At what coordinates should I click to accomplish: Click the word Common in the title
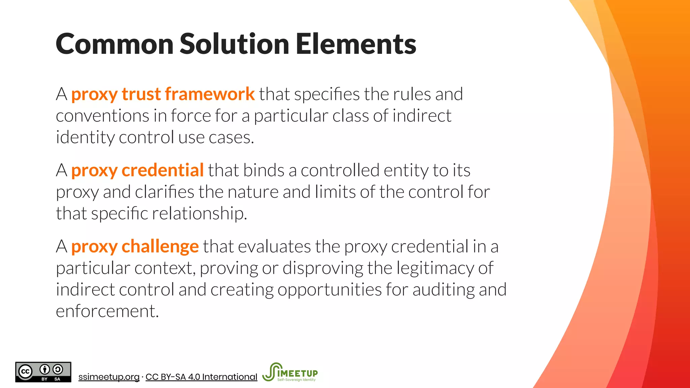pyautogui.click(x=114, y=44)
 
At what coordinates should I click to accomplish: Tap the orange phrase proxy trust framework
pyautogui.click(x=163, y=94)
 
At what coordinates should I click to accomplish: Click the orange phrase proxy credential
pyautogui.click(x=137, y=170)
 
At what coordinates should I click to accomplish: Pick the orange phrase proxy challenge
pyautogui.click(x=135, y=247)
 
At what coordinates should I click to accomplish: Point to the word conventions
pyautogui.click(x=102, y=116)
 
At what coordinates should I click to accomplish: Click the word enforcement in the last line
pyautogui.click(x=107, y=311)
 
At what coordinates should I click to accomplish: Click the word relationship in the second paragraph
pyautogui.click(x=199, y=214)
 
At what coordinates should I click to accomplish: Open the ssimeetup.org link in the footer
pyautogui.click(x=109, y=377)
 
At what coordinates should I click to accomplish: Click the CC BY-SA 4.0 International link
pyautogui.click(x=201, y=377)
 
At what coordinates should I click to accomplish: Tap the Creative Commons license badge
pyautogui.click(x=43, y=372)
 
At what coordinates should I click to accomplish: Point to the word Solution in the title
pyautogui.click(x=234, y=44)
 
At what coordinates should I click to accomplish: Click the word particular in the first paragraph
pyautogui.click(x=291, y=116)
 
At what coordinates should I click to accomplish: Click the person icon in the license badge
pyautogui.click(x=45, y=369)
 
